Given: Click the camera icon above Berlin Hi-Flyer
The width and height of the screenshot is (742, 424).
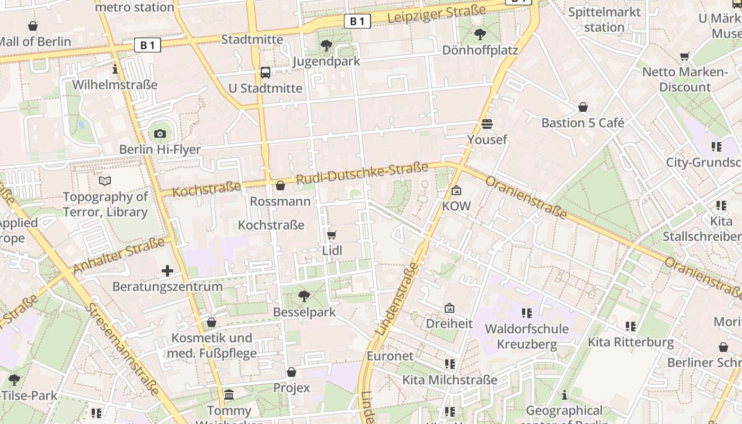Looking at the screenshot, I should click(160, 134).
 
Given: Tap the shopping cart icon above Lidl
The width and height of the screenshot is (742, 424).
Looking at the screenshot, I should click(332, 235).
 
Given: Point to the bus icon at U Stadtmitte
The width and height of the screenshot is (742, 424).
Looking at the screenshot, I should click(266, 72).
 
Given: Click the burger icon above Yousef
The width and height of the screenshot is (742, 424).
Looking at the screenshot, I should click(487, 124).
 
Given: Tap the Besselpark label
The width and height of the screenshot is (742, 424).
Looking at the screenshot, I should click(304, 312).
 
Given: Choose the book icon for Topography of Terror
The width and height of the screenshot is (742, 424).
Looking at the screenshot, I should click(105, 181).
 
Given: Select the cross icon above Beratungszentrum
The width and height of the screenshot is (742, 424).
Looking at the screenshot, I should click(167, 271).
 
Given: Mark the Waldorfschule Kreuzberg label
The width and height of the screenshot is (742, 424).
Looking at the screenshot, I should click(527, 337).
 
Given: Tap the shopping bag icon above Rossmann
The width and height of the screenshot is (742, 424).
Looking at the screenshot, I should click(280, 185).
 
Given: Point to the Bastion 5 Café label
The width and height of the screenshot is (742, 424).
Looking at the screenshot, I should click(582, 123).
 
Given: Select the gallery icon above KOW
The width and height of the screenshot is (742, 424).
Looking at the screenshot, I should click(456, 190).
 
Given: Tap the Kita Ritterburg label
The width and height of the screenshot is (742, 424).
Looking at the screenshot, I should click(631, 342).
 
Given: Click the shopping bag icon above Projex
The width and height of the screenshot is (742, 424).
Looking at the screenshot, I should click(291, 372).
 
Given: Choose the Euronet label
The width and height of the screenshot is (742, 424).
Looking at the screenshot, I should click(390, 356).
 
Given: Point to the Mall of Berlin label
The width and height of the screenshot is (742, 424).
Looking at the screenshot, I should click(35, 41).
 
